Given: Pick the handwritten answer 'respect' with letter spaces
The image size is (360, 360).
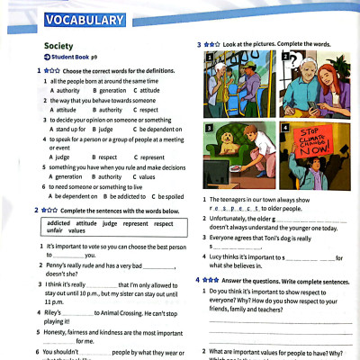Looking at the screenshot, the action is [231, 207].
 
